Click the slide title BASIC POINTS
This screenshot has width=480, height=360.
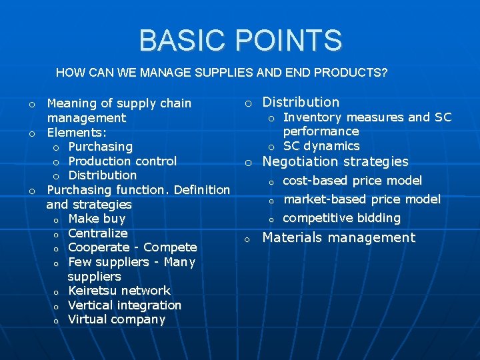(x=240, y=40)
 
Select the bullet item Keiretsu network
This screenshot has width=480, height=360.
(x=119, y=291)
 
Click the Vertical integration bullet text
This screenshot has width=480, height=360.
(x=124, y=305)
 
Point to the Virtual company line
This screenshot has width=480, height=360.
(x=116, y=319)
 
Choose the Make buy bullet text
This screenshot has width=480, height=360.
(x=96, y=219)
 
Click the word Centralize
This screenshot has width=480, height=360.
(x=97, y=233)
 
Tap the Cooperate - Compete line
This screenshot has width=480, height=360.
(x=132, y=247)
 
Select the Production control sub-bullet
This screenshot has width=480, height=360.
(x=122, y=161)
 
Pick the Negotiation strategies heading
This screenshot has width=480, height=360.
(x=335, y=161)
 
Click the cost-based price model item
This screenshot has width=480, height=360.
(x=352, y=181)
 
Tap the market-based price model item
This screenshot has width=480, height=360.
(x=361, y=199)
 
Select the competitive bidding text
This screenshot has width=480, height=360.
(x=341, y=218)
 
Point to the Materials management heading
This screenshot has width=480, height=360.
(x=339, y=237)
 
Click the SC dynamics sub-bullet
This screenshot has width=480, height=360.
(x=321, y=146)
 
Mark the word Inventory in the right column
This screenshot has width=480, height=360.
(x=310, y=117)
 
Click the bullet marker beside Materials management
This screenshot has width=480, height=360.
(x=247, y=239)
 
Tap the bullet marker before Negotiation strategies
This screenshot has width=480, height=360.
(x=247, y=163)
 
